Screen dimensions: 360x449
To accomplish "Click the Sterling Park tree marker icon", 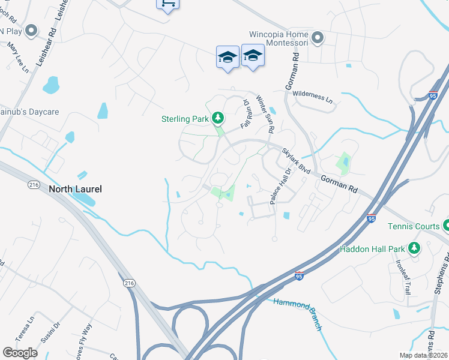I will [x=218, y=118].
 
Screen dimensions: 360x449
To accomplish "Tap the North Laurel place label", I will [x=75, y=189].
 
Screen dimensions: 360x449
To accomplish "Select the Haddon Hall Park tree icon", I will [x=414, y=248].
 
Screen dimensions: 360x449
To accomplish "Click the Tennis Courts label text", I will [x=414, y=226].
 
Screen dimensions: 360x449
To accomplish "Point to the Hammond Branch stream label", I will [x=298, y=314].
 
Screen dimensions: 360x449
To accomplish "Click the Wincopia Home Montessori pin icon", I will [x=318, y=38].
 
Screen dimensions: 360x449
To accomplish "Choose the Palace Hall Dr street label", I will [x=280, y=186].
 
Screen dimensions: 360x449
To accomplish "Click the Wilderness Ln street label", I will [x=313, y=97].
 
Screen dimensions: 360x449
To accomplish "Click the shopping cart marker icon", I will [x=167, y=3].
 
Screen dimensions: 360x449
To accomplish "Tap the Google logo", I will [x=20, y=353].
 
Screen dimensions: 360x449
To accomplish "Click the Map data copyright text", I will [x=423, y=355].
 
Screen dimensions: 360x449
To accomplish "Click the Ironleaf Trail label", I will [x=401, y=276].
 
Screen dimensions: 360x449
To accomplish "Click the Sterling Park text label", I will [x=185, y=118].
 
